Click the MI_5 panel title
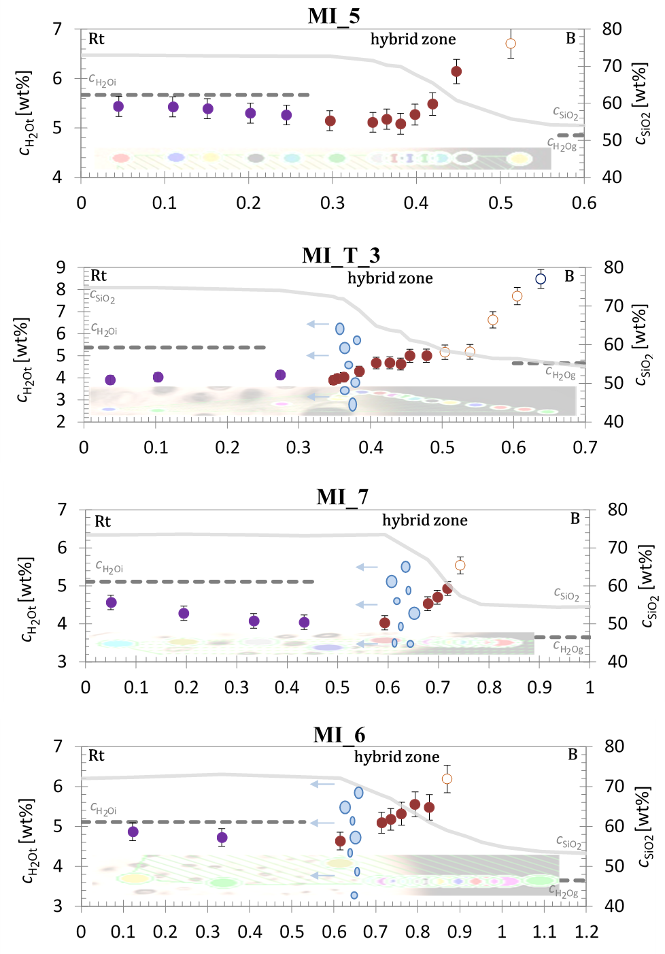334,16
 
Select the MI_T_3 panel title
341,255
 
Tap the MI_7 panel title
342,497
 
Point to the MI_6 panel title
339,735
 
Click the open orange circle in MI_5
511,44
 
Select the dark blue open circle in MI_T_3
541,279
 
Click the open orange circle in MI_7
460,565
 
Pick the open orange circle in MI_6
447,779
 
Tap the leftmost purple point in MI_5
118,106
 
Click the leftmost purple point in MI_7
112,602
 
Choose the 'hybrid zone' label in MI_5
413,39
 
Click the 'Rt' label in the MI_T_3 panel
99,276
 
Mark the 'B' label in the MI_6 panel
573,755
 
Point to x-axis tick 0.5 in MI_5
500,203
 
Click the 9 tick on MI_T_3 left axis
61,267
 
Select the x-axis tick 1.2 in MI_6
586,932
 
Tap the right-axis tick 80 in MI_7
617,510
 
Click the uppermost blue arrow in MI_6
322,785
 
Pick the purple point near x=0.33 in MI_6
222,838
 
